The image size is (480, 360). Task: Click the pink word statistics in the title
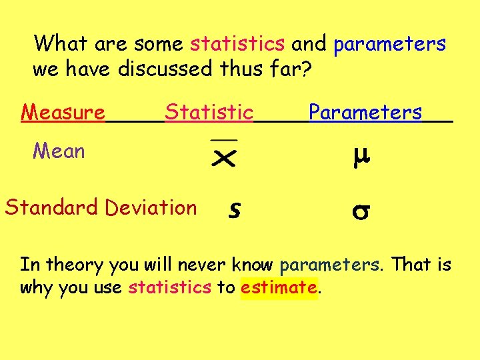(x=237, y=45)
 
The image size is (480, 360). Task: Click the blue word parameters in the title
(x=389, y=45)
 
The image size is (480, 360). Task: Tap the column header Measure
(x=63, y=113)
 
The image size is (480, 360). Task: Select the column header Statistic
(x=209, y=113)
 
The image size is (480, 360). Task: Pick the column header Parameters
(x=365, y=113)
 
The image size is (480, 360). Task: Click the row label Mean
(x=59, y=152)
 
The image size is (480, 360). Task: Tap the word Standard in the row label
(x=52, y=207)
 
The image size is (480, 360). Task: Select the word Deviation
(x=152, y=207)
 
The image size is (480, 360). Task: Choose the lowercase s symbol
(x=233, y=209)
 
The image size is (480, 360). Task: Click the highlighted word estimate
(x=279, y=288)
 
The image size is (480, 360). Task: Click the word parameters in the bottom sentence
(x=332, y=265)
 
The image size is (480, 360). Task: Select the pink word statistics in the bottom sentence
(x=170, y=288)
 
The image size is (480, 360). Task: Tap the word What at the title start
(x=62, y=45)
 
